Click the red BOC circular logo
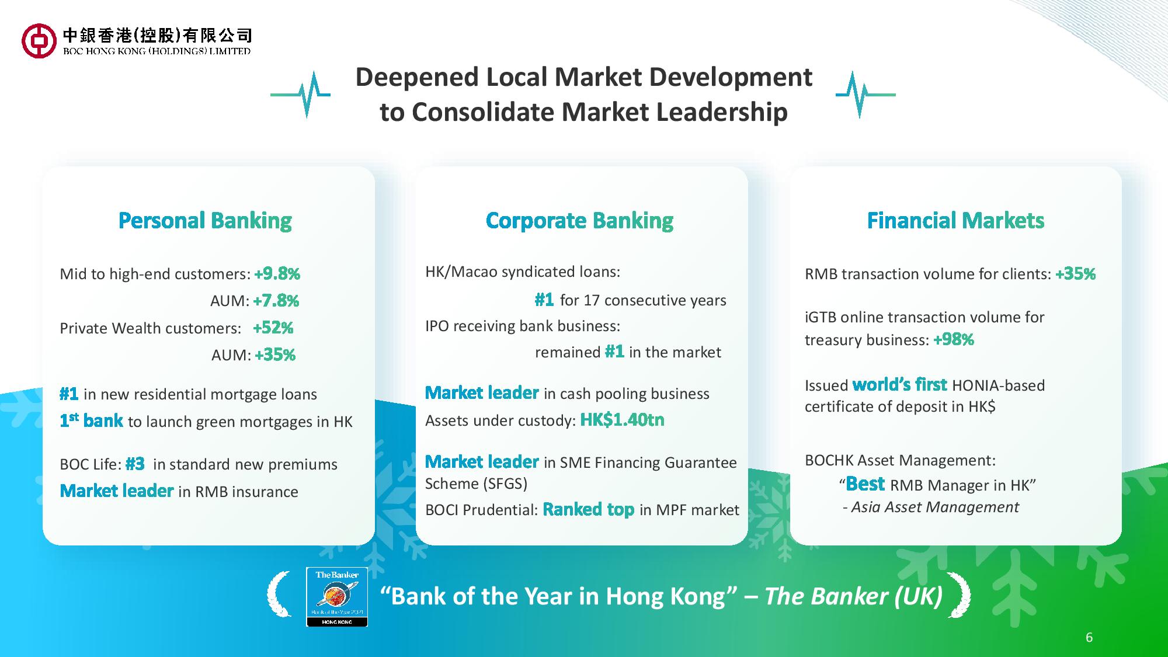click(x=39, y=41)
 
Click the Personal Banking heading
click(x=205, y=221)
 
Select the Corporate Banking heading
click(x=579, y=221)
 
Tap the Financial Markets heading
click(x=955, y=220)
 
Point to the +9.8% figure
click(x=277, y=273)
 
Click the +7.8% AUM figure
click(x=276, y=301)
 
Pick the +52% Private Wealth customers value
click(x=273, y=328)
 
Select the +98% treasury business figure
click(x=954, y=339)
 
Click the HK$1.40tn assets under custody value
click(x=622, y=420)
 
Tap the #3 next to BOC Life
click(x=135, y=464)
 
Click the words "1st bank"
click(x=91, y=420)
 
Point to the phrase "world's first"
click(x=899, y=384)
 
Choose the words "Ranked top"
click(x=588, y=509)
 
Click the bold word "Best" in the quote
click(x=865, y=484)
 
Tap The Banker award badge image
click(x=337, y=597)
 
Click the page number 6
click(x=1089, y=637)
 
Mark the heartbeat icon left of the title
click(x=300, y=94)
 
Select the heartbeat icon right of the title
click(x=865, y=94)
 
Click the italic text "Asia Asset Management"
click(x=935, y=507)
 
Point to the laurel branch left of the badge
click(x=279, y=595)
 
